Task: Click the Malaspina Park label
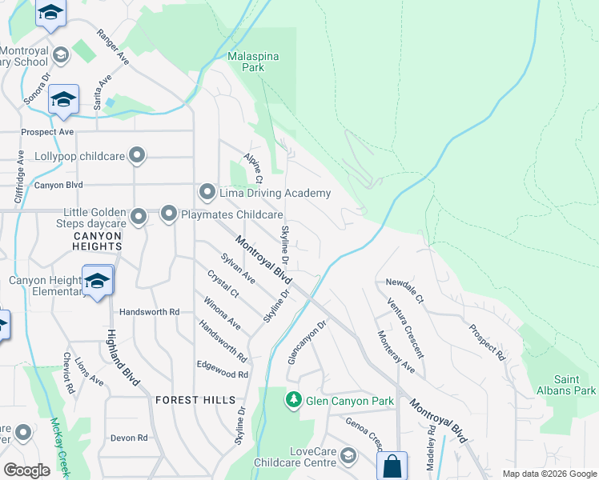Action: pyautogui.click(x=246, y=62)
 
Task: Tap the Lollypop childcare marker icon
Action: pyautogui.click(x=138, y=156)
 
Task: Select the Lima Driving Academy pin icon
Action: pyautogui.click(x=207, y=193)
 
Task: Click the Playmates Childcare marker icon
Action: pyautogui.click(x=169, y=214)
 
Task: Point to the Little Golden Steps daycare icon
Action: pyautogui.click(x=139, y=217)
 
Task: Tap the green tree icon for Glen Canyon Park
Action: pyautogui.click(x=295, y=399)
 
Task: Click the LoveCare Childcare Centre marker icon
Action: pyautogui.click(x=348, y=456)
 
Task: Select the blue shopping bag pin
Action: pyautogui.click(x=392, y=466)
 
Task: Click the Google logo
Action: pyautogui.click(x=27, y=470)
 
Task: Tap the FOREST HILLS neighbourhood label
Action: pyautogui.click(x=195, y=399)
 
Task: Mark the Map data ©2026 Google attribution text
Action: pyautogui.click(x=549, y=474)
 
